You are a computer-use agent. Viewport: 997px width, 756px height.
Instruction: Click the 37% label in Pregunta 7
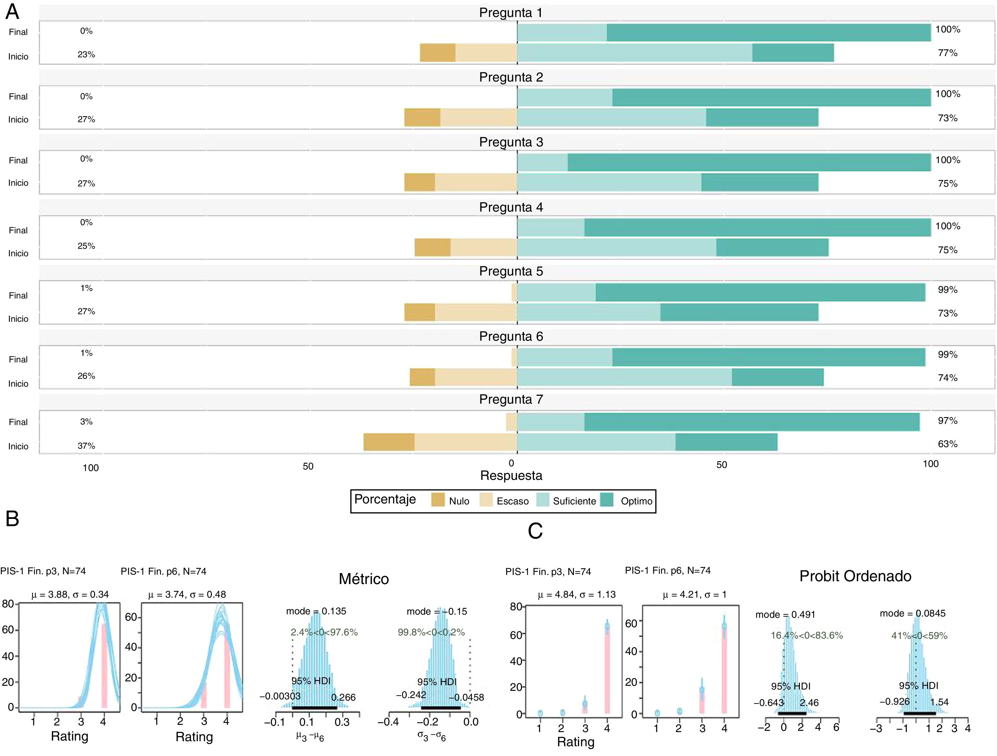tap(86, 446)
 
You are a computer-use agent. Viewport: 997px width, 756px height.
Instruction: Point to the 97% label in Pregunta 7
tap(948, 421)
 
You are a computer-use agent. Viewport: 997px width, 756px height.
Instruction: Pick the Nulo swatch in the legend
tap(438, 500)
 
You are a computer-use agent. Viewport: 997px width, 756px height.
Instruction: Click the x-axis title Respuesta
tap(511, 475)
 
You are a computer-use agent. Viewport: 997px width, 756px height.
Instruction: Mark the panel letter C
tap(535, 531)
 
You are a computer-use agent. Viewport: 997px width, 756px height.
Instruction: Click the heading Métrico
tap(364, 579)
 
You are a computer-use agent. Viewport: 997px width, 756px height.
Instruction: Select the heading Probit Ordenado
tap(855, 576)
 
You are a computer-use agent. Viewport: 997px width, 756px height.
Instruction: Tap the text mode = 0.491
tap(785, 614)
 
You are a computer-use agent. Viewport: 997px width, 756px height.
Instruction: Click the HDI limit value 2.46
tap(809, 702)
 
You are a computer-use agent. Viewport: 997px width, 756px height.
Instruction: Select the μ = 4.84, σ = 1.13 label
tap(576, 594)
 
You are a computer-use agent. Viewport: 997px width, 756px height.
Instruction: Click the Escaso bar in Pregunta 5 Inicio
tap(475, 312)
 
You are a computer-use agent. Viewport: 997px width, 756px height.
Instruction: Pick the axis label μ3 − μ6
tap(310, 736)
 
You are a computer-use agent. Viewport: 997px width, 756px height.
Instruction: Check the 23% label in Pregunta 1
tap(86, 54)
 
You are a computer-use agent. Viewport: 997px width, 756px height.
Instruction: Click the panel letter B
tap(12, 518)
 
